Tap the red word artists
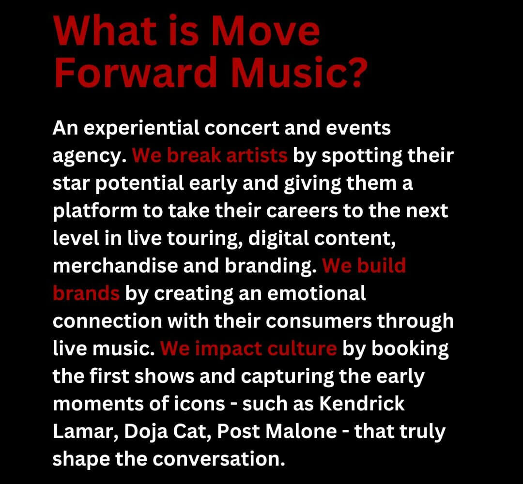click(256, 156)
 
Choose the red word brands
click(86, 293)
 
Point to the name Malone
click(297, 431)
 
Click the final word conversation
click(212, 458)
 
